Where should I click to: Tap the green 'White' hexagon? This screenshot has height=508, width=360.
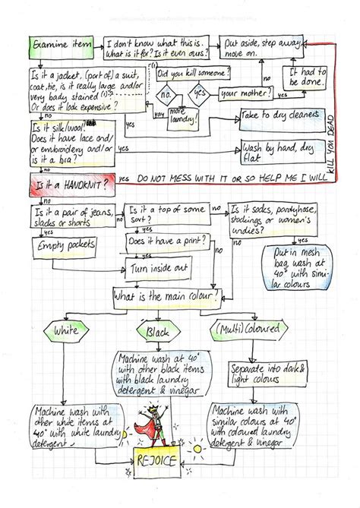pyautogui.click(x=67, y=331)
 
